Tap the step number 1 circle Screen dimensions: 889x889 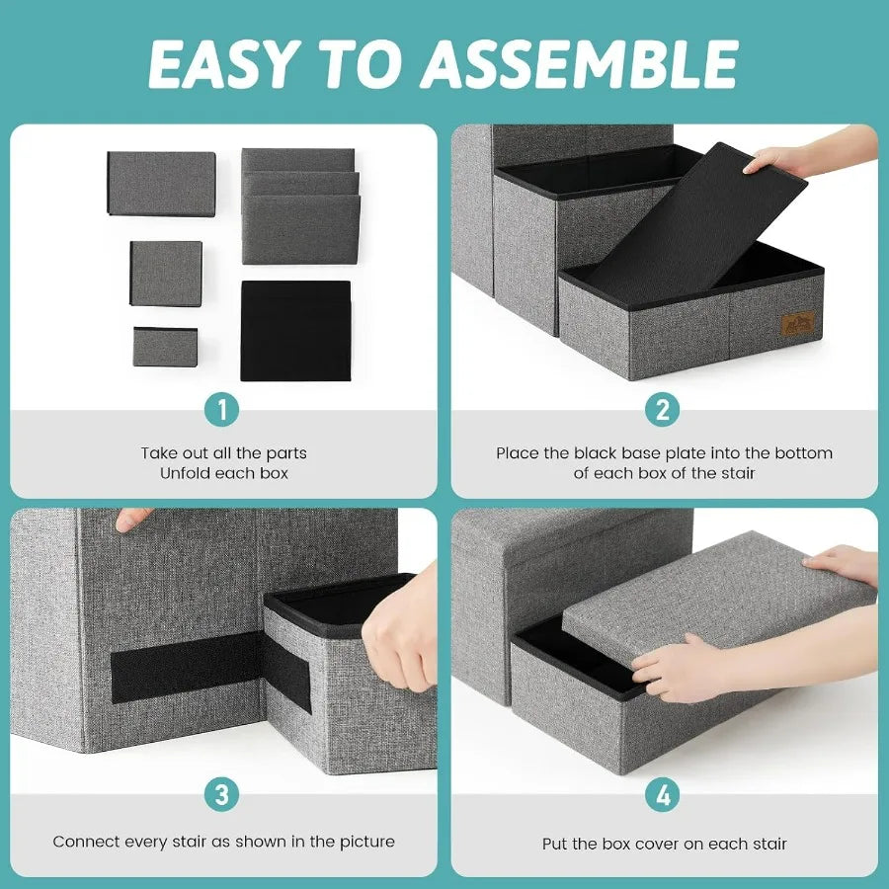[223, 409]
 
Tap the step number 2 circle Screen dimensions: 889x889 [663, 409]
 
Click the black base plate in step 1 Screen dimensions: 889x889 [295, 330]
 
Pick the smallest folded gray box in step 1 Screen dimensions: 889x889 [165, 347]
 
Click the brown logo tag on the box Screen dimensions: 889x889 [797, 323]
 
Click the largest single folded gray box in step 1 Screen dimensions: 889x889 [161, 184]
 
